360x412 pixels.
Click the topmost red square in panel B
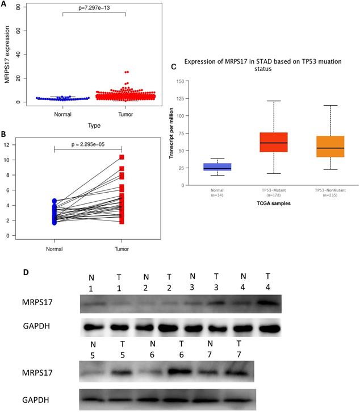tap(122, 157)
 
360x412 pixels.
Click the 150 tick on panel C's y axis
tap(181, 81)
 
